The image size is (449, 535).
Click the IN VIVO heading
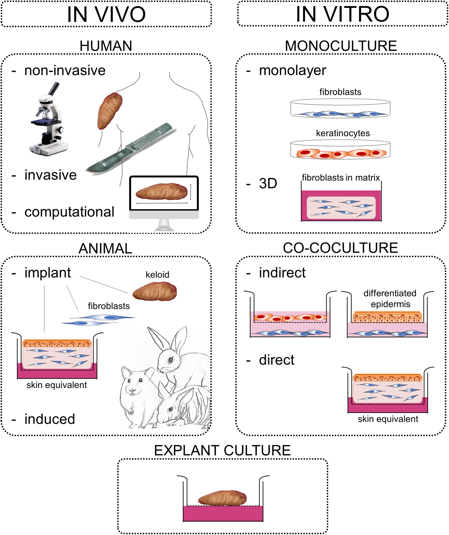[x=106, y=14]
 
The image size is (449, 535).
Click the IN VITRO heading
[x=343, y=14]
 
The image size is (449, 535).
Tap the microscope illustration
[x=48, y=120]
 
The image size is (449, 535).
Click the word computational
[x=69, y=212]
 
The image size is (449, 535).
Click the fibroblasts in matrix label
[x=341, y=178]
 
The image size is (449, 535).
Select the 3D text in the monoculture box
[x=268, y=183]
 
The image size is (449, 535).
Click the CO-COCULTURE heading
[x=340, y=248]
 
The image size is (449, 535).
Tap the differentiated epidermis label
[x=390, y=299]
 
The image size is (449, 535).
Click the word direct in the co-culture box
[x=276, y=360]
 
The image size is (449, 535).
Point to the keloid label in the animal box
[x=157, y=275]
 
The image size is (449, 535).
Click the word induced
[x=50, y=419]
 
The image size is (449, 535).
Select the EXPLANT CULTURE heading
[x=222, y=450]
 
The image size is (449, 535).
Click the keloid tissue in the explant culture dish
[x=222, y=498]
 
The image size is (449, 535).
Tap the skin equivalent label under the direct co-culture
[x=388, y=419]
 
